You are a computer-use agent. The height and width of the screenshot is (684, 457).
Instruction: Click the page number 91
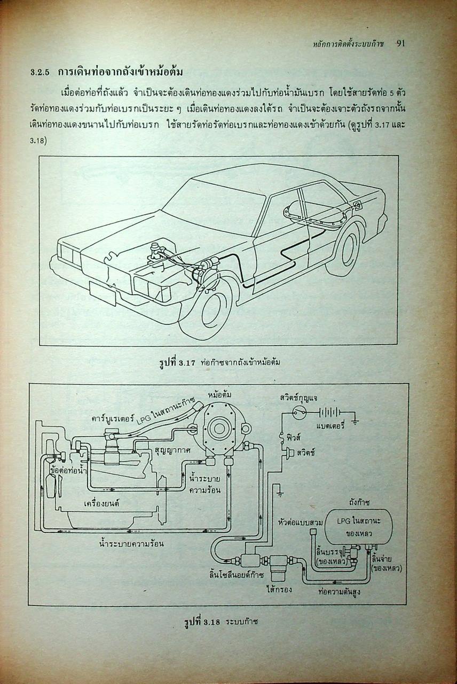[401, 44]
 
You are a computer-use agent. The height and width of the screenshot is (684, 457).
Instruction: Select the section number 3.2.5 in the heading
[41, 72]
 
